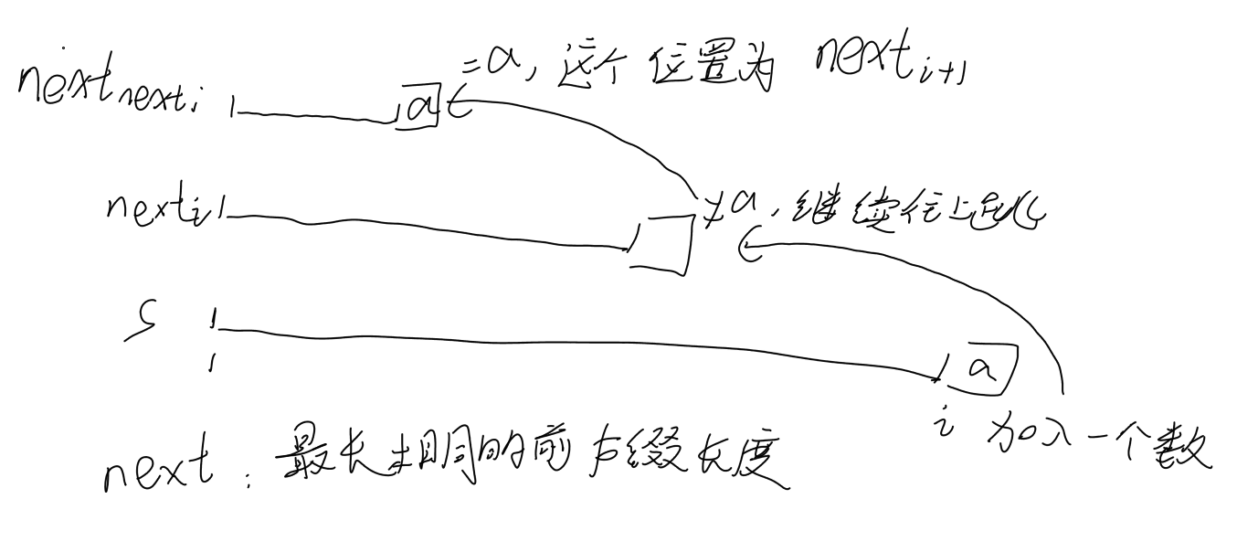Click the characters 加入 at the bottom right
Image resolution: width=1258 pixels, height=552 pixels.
tap(1042, 442)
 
